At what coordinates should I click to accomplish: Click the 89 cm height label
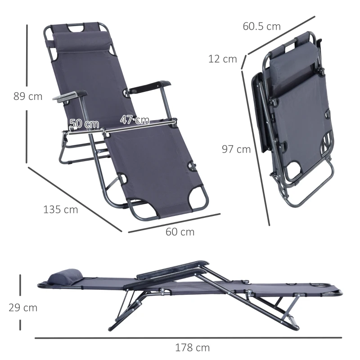[x=27, y=96]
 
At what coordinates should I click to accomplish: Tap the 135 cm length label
[x=60, y=209]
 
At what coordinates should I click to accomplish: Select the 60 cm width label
[x=180, y=232]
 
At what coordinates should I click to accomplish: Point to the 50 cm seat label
[x=85, y=124]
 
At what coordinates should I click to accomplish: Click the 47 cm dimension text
[x=135, y=120]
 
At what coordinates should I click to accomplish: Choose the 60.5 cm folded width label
[x=261, y=26]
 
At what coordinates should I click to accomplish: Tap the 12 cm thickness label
[x=222, y=58]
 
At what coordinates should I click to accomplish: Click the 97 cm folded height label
[x=236, y=149]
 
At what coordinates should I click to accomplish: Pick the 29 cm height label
[x=23, y=308]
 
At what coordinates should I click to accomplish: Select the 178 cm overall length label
[x=193, y=347]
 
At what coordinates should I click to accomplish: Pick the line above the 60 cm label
[x=174, y=223]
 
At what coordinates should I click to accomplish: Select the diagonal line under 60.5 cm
[x=279, y=36]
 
